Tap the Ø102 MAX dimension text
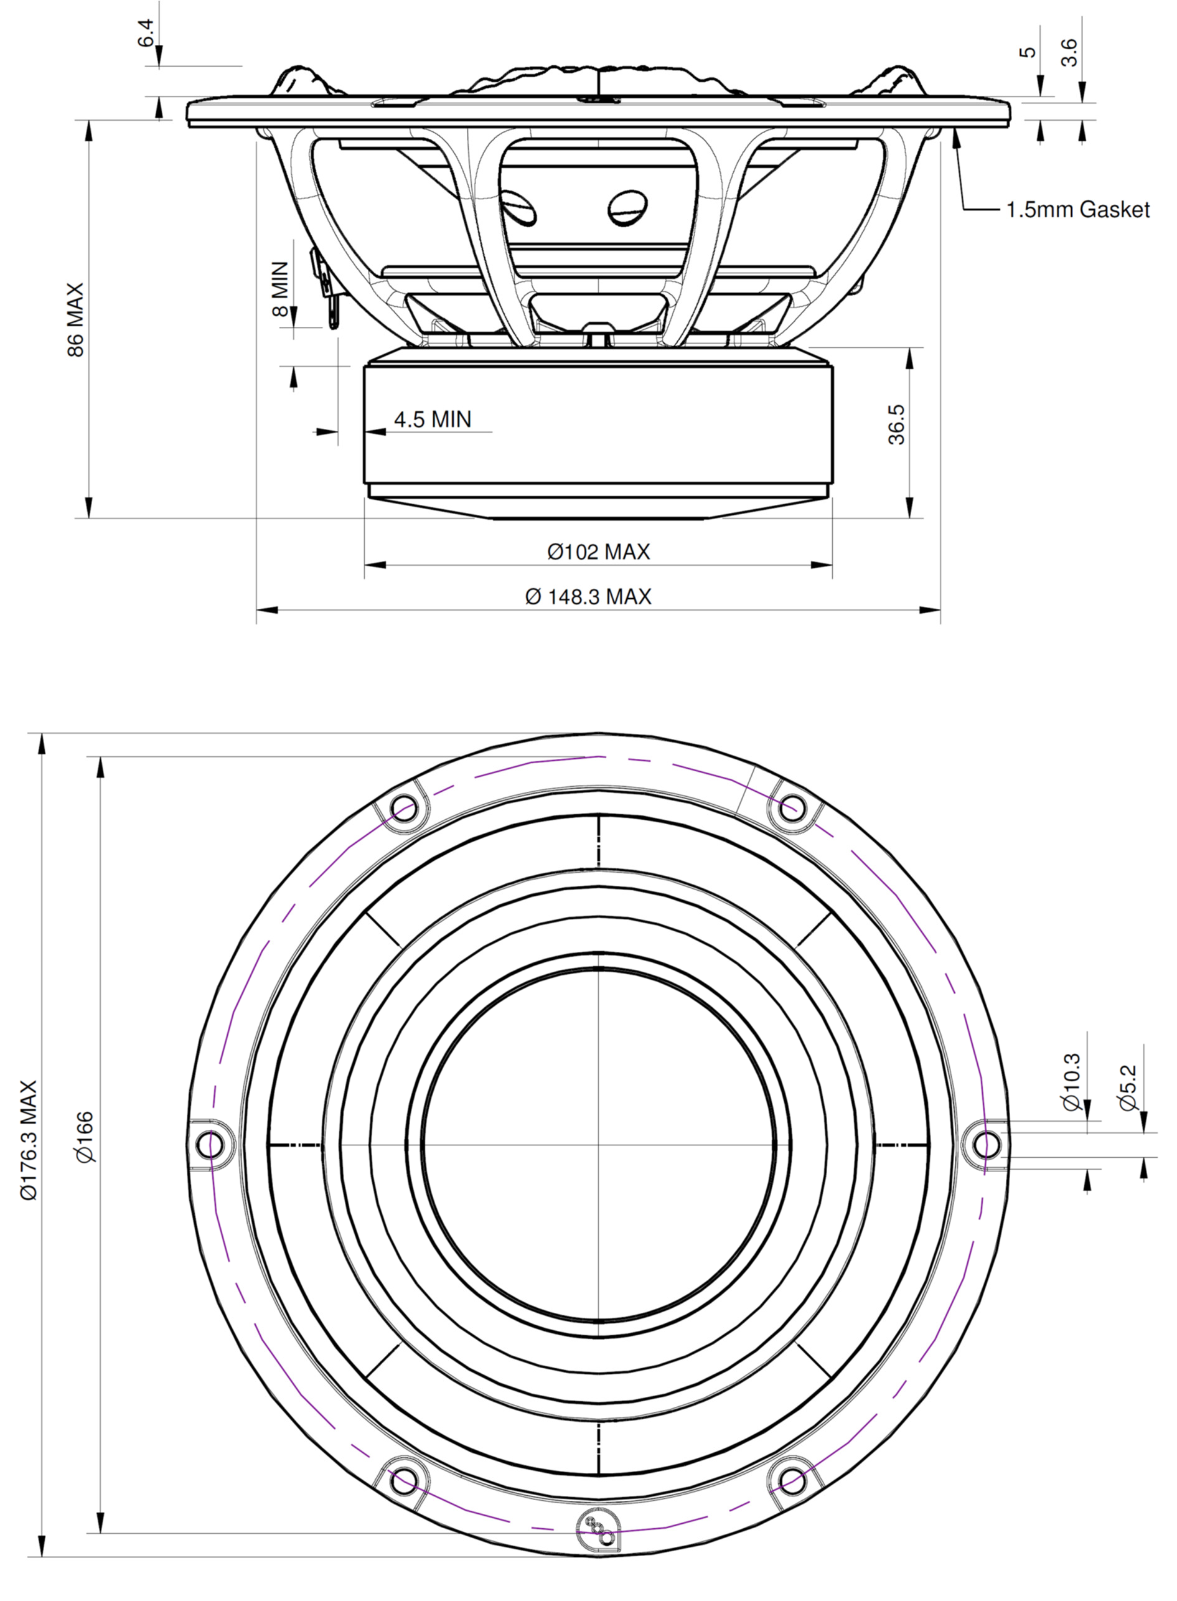tap(599, 552)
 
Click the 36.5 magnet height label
tap(896, 425)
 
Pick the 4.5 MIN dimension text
tap(433, 419)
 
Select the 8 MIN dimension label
tap(280, 289)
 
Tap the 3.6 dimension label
tap(1069, 53)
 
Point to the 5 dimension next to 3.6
tap(1028, 52)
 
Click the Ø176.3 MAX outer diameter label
tap(29, 1140)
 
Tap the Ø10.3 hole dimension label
tap(1071, 1082)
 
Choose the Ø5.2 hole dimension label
tap(1128, 1088)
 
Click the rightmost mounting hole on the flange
tap(987, 1145)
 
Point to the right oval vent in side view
tap(627, 207)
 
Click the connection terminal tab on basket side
tap(326, 289)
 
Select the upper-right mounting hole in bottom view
tap(793, 809)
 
